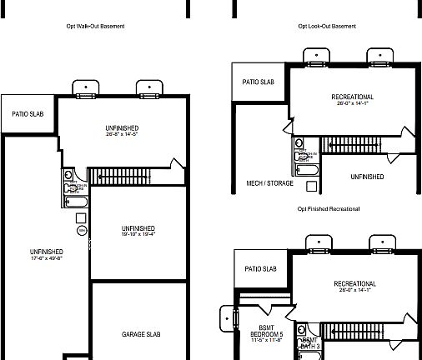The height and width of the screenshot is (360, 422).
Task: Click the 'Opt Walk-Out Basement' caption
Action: pyautogui.click(x=95, y=27)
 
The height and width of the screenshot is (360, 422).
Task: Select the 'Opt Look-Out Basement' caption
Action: pyautogui.click(x=327, y=27)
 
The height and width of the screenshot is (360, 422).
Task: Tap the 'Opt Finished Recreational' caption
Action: pyautogui.click(x=329, y=208)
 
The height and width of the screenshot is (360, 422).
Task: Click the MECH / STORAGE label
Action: pyautogui.click(x=269, y=182)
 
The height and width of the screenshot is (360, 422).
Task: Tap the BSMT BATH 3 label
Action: pyautogui.click(x=309, y=344)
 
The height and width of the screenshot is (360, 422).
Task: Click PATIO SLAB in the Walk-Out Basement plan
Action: pyautogui.click(x=28, y=113)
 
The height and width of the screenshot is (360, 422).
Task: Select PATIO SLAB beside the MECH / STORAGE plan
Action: pyautogui.click(x=259, y=82)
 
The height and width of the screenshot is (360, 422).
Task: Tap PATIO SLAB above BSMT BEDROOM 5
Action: pyautogui.click(x=261, y=268)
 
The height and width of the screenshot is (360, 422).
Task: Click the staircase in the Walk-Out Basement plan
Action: pyautogui.click(x=120, y=176)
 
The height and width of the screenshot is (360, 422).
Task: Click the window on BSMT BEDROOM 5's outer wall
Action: pyautogui.click(x=224, y=317)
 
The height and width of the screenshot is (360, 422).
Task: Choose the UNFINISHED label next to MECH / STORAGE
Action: pyautogui.click(x=367, y=177)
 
